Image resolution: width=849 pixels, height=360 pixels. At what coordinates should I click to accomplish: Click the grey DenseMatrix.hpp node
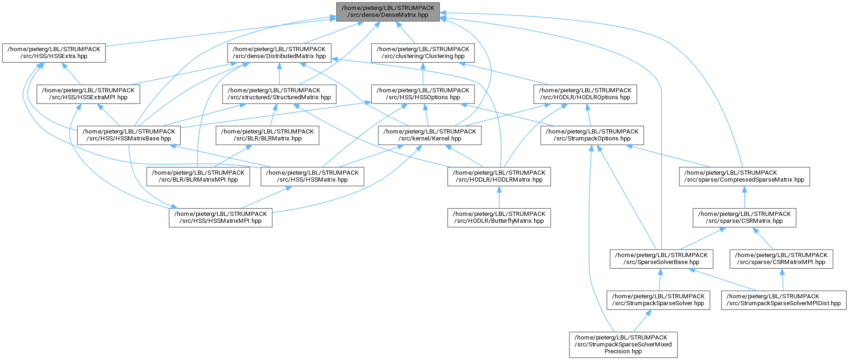point(388,12)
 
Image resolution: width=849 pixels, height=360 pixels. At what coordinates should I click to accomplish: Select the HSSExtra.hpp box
point(54,53)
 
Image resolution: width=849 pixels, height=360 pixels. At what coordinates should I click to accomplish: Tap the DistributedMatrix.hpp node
point(280,53)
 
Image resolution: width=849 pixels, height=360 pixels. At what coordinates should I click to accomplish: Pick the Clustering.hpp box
point(423,53)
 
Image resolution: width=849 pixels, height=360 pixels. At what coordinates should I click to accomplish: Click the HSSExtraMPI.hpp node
point(89,94)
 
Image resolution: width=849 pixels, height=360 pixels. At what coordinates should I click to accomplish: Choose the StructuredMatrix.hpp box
point(279,94)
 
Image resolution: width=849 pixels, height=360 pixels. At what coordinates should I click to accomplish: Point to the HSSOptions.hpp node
point(423,94)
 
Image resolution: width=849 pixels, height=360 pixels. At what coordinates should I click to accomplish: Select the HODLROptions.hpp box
point(585,94)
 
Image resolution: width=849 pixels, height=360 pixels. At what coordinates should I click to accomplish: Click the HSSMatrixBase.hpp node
point(129,135)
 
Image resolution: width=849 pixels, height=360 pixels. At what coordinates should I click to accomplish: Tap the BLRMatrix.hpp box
point(267,135)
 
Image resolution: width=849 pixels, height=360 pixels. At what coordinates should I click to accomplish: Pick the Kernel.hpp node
point(430,135)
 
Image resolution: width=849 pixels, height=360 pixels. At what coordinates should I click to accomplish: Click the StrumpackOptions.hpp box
point(592,135)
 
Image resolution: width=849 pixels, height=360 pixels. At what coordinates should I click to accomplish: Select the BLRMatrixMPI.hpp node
point(198,176)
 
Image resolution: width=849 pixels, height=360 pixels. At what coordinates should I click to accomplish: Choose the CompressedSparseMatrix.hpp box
point(744,176)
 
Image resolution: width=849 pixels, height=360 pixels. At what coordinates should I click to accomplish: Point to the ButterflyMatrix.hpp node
point(499,218)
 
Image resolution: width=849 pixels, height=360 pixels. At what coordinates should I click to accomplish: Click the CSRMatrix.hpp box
point(745,218)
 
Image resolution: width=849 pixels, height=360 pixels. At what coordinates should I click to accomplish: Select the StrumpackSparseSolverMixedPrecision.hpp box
point(623,345)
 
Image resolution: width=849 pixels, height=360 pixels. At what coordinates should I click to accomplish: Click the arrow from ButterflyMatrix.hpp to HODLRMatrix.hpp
point(499,197)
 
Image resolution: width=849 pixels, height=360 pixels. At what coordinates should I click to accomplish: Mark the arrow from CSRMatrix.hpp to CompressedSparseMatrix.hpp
point(744,197)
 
